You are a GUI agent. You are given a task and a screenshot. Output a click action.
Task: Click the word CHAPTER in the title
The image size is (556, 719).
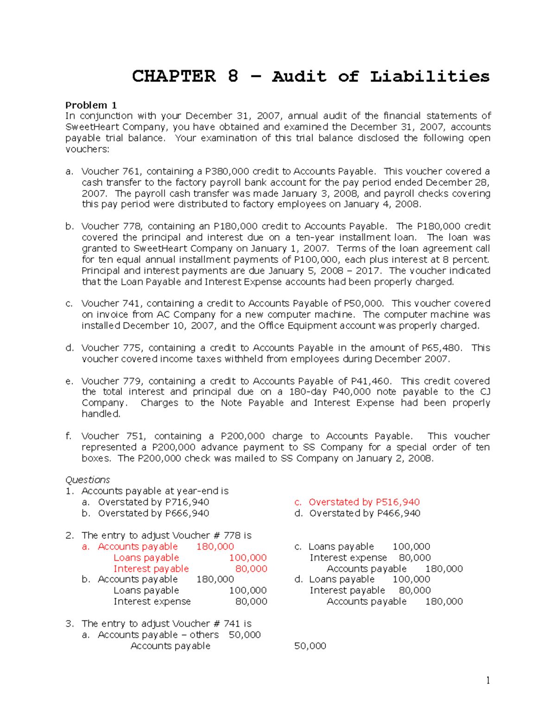(x=174, y=76)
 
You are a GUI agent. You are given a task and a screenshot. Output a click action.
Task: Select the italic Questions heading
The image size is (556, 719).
(x=88, y=480)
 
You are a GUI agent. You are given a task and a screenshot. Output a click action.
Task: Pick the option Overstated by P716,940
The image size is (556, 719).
(x=153, y=502)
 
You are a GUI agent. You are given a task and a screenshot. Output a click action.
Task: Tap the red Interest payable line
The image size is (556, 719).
(x=151, y=569)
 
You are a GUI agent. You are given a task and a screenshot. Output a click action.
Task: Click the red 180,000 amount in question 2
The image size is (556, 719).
(x=215, y=547)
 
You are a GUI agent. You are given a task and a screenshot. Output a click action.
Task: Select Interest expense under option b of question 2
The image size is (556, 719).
(x=152, y=601)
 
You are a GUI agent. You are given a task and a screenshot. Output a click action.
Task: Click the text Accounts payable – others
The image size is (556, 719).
(x=158, y=635)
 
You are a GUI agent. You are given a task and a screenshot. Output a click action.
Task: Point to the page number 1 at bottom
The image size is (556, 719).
(x=488, y=680)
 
